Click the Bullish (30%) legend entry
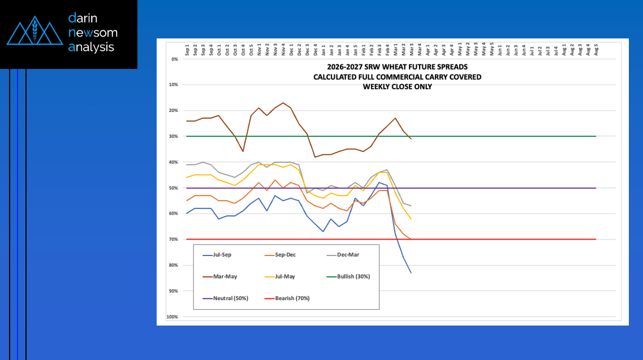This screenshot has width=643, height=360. tap(357, 276)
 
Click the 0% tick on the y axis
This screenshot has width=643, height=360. tap(174, 59)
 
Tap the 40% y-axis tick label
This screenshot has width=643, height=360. tap(173, 162)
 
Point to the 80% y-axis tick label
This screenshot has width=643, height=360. tap(173, 265)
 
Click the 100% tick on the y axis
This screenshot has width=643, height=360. tap(172, 317)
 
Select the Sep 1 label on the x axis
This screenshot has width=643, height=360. tap(188, 50)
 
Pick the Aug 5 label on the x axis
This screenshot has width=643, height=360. tap(596, 50)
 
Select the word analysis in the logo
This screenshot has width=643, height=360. tap(92, 47)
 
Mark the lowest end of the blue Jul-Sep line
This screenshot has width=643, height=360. tap(411, 273)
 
